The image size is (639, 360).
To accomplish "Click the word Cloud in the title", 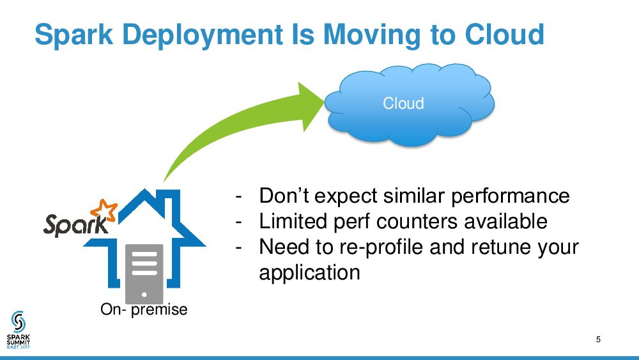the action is (x=504, y=35).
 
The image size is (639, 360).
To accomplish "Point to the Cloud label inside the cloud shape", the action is (x=403, y=104).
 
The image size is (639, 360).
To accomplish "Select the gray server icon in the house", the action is (x=144, y=272).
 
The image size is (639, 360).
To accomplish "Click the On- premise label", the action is (x=144, y=309).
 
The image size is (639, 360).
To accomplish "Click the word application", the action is (x=309, y=272).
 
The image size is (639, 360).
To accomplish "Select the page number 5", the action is (x=598, y=340).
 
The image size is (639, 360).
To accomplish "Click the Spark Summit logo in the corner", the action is (x=19, y=329).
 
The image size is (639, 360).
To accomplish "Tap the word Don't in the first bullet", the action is (x=285, y=196).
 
